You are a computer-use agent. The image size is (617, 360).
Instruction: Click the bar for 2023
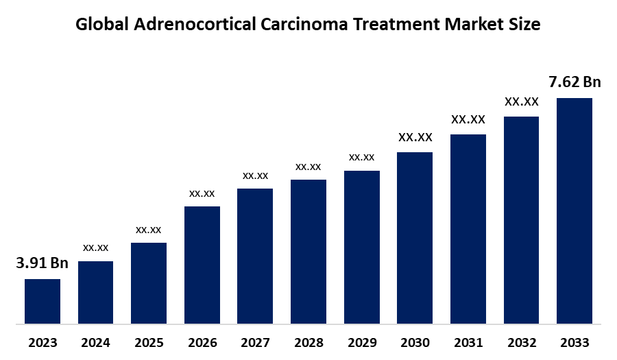point(43,300)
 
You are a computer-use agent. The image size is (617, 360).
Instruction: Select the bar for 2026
point(202,264)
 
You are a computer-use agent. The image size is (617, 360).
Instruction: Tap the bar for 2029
point(362,246)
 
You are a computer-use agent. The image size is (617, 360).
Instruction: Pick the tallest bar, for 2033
point(574,210)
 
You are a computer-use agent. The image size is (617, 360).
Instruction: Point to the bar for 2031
point(468,228)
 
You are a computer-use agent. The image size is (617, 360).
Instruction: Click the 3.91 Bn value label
point(43,263)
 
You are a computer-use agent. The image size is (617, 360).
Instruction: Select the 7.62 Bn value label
point(574,82)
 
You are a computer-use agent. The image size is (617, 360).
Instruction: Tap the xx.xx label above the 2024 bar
point(96,247)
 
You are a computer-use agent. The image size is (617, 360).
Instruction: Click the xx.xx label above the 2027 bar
point(255,176)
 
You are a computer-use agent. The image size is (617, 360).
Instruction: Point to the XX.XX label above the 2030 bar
point(415,137)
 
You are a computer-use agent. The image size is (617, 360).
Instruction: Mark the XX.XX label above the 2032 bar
point(522,101)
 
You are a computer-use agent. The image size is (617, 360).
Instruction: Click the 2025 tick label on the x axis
point(149,342)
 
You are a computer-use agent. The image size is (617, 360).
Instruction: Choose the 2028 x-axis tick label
point(308,342)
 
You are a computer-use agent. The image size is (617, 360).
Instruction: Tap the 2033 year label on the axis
point(574,342)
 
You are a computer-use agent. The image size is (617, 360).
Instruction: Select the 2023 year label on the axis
point(43,342)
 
